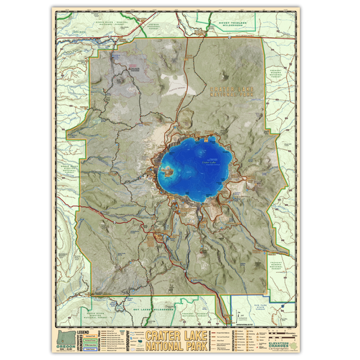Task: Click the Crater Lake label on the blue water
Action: tap(209, 163)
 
